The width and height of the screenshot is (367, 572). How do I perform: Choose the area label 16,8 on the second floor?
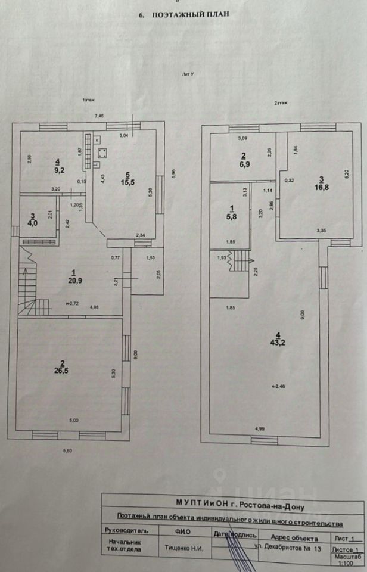pos(321,185)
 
